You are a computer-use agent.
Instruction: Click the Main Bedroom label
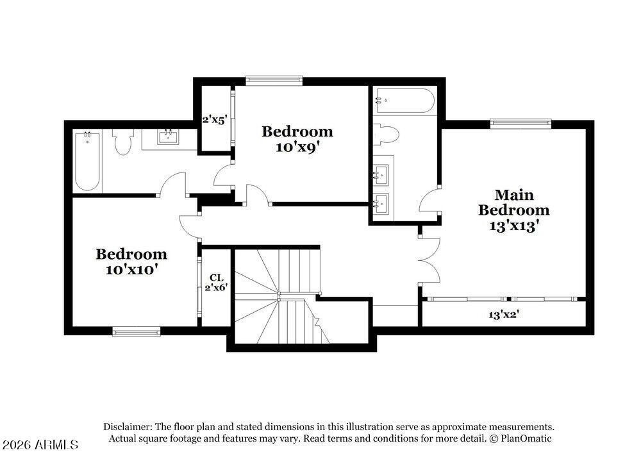click(x=513, y=202)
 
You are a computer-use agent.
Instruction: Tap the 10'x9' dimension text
click(x=297, y=146)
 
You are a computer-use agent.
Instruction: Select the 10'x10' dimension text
click(x=131, y=269)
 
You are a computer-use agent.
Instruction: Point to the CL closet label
click(x=217, y=278)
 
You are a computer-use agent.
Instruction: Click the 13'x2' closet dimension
click(x=503, y=315)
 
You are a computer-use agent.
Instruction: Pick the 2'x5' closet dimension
click(x=214, y=120)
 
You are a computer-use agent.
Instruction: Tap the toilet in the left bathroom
click(x=122, y=142)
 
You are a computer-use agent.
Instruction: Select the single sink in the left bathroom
click(x=169, y=137)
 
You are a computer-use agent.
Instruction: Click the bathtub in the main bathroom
click(x=404, y=101)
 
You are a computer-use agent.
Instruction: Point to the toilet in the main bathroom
click(x=386, y=135)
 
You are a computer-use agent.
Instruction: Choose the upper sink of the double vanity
click(x=381, y=173)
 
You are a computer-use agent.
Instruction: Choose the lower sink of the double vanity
click(x=381, y=203)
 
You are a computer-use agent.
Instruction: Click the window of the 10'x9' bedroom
click(x=274, y=80)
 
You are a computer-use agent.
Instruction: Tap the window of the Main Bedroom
click(x=520, y=123)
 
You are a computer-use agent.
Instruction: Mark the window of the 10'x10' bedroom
click(x=136, y=331)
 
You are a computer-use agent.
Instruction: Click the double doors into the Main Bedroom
click(x=428, y=260)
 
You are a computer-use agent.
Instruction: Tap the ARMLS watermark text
click(x=40, y=444)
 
